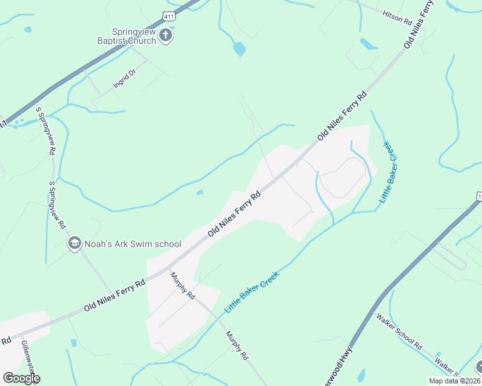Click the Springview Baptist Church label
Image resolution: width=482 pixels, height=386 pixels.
[134, 36]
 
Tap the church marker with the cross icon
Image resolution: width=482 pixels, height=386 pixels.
[166, 35]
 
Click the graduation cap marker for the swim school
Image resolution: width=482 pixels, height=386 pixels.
[74, 244]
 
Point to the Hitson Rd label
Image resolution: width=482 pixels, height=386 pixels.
[397, 17]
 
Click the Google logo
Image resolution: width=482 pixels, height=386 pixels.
[21, 378]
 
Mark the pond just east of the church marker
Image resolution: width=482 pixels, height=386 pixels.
[239, 49]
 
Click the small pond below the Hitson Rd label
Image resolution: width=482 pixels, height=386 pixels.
[369, 44]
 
